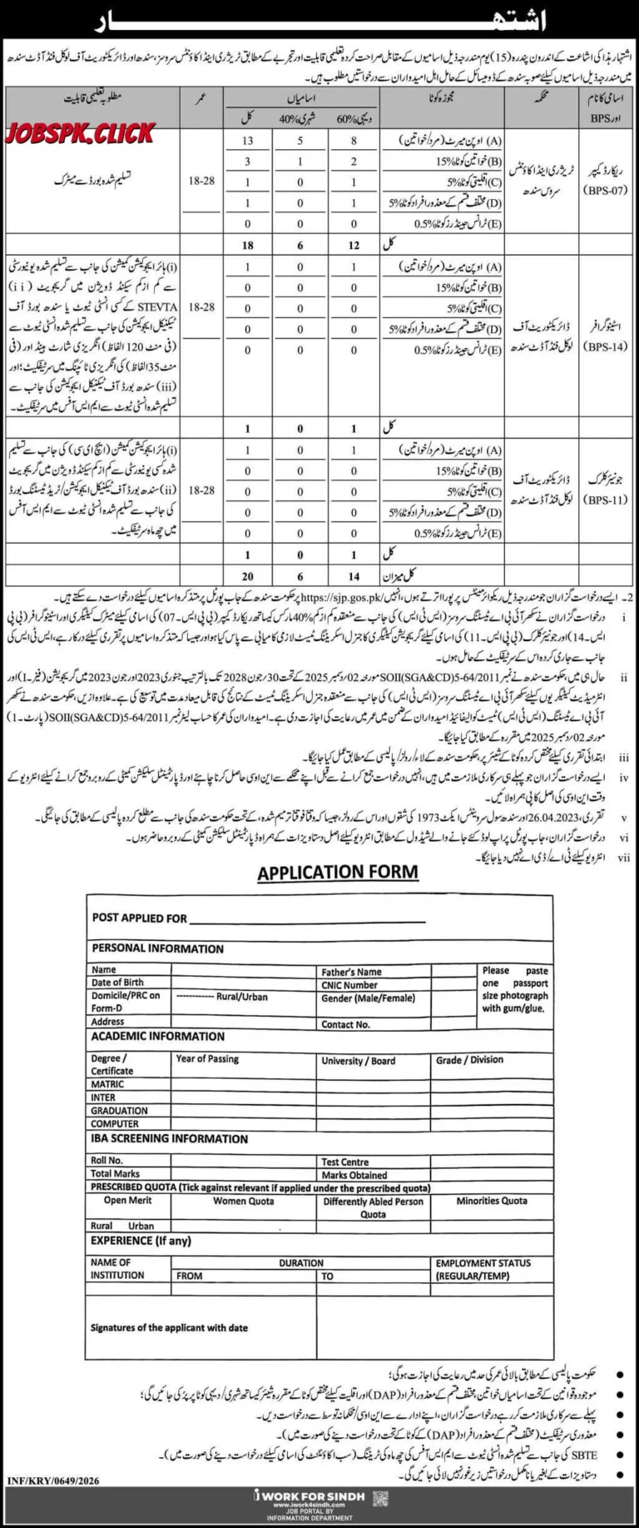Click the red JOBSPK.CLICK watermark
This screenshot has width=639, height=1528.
tap(81, 133)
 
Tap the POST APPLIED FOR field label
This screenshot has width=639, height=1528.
tap(140, 918)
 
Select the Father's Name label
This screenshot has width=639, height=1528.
tap(351, 971)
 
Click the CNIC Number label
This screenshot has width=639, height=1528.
tap(349, 984)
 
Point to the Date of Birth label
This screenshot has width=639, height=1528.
tap(117, 983)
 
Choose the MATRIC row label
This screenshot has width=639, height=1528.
tap(107, 1084)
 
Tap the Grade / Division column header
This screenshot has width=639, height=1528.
tap(469, 1060)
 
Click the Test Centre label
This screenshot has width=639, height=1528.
tap(344, 1161)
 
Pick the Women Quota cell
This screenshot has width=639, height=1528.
tap(243, 1201)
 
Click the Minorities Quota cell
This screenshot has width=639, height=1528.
tap(491, 1201)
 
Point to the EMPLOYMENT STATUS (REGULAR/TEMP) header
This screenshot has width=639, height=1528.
tap(483, 1269)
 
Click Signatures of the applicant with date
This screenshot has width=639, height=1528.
tap(169, 1327)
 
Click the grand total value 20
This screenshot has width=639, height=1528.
tap(247, 575)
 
